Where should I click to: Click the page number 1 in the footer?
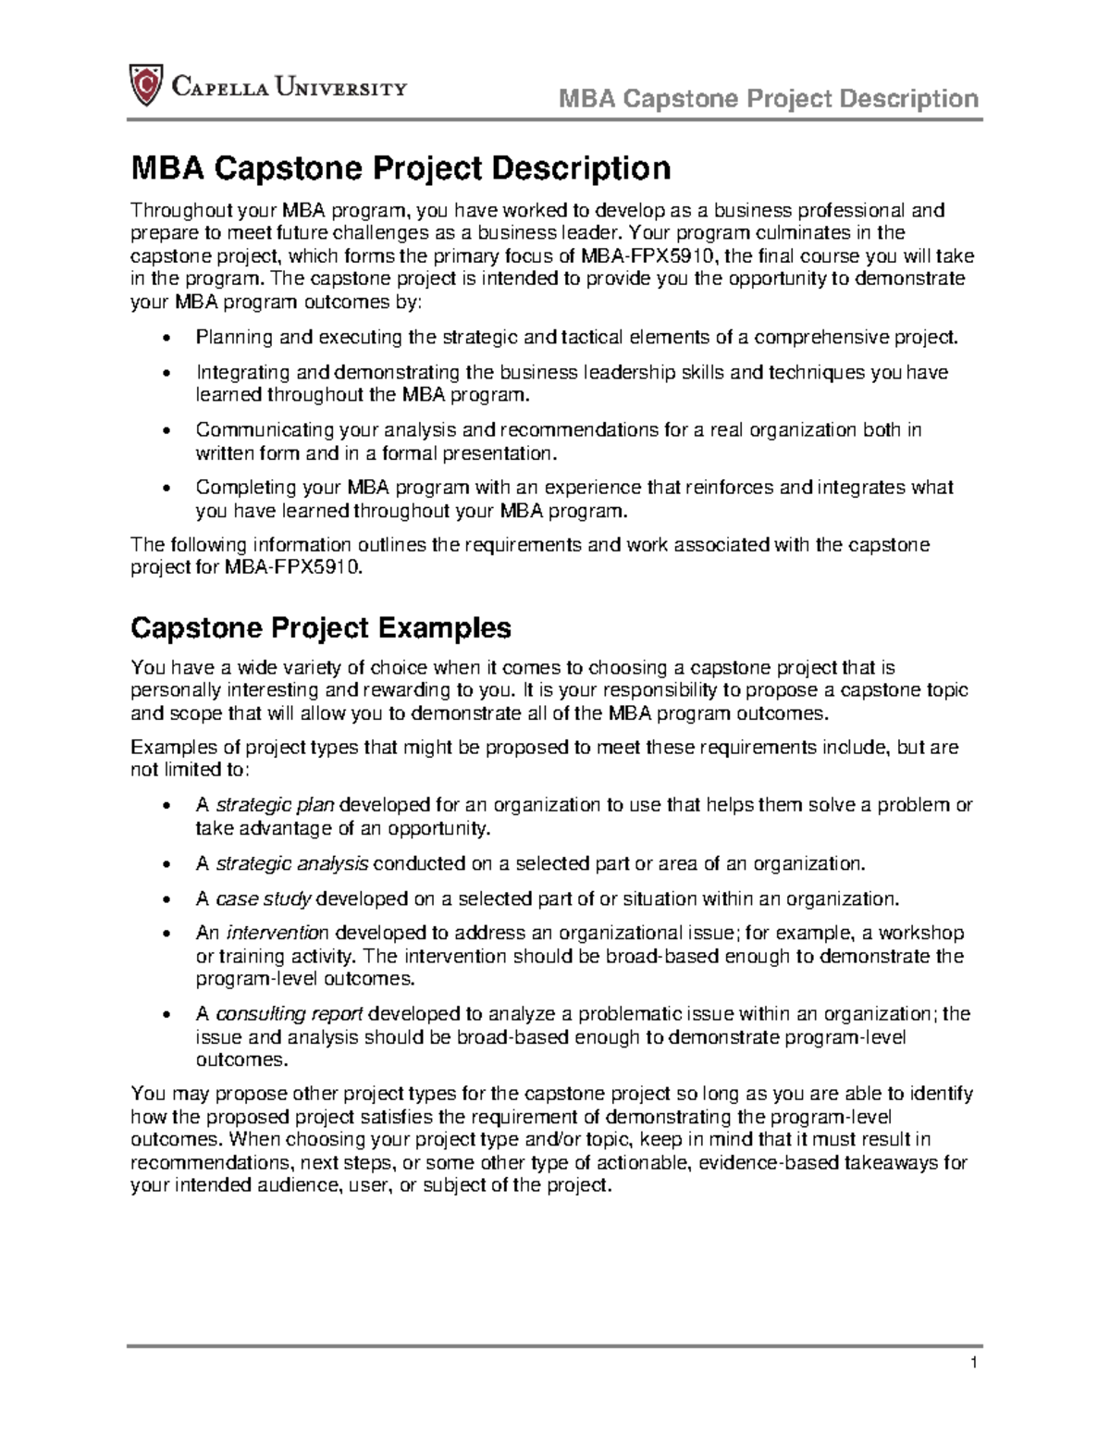pos(974,1362)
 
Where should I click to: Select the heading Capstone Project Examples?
pos(320,628)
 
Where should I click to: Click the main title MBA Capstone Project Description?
pos(400,169)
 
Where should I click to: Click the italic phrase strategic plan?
pos(275,805)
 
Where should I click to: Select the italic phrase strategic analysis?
pos(291,863)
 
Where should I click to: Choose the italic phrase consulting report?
pos(289,1013)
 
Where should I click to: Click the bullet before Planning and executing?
pos(166,339)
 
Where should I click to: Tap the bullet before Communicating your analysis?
pos(166,431)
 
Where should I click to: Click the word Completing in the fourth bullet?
pos(241,488)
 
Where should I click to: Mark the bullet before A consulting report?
pos(166,1015)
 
